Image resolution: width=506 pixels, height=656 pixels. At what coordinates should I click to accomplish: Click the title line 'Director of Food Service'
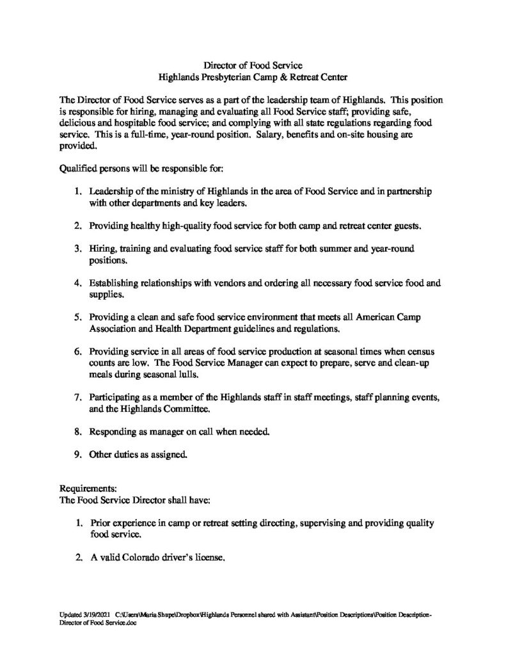(253, 65)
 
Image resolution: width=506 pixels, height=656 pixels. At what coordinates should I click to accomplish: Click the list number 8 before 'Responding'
(77, 433)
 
